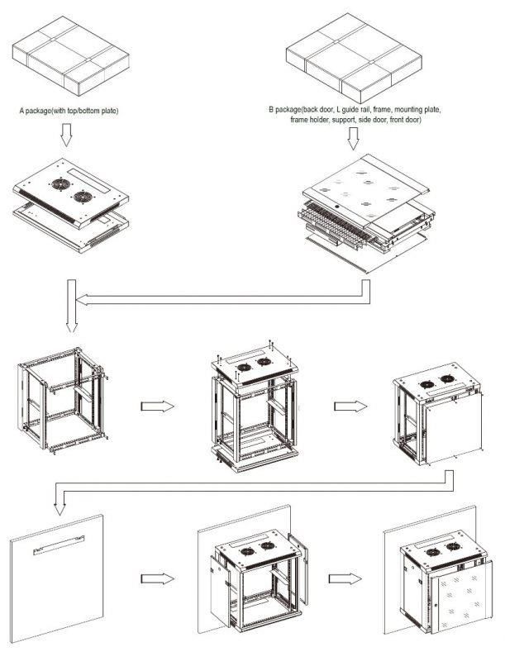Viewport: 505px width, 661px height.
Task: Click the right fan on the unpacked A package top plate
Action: point(83,197)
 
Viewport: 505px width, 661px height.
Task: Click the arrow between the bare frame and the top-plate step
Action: point(159,407)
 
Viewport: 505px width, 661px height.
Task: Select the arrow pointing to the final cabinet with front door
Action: point(343,578)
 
